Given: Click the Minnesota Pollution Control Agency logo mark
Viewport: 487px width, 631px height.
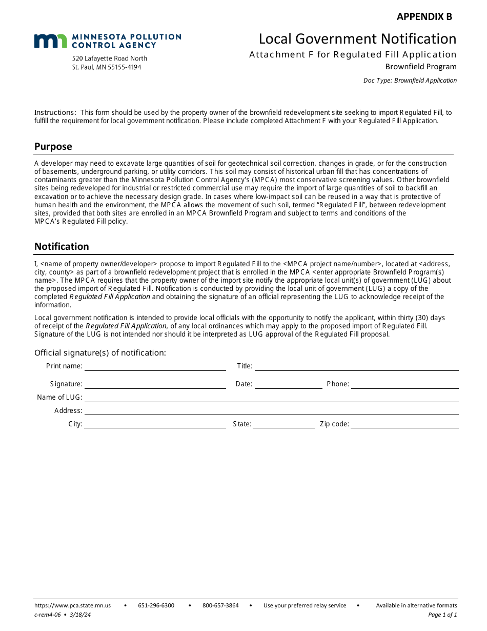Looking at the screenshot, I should tap(50, 41).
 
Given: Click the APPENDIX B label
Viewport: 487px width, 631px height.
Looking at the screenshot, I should tap(424, 16).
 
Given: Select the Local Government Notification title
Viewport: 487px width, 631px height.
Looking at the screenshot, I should tap(357, 39).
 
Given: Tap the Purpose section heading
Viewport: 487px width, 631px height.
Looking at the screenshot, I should tap(53, 147).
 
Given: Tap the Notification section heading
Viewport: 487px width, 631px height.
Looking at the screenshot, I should tap(62, 247).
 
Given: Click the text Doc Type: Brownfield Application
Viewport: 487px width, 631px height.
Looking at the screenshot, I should tap(410, 81).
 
